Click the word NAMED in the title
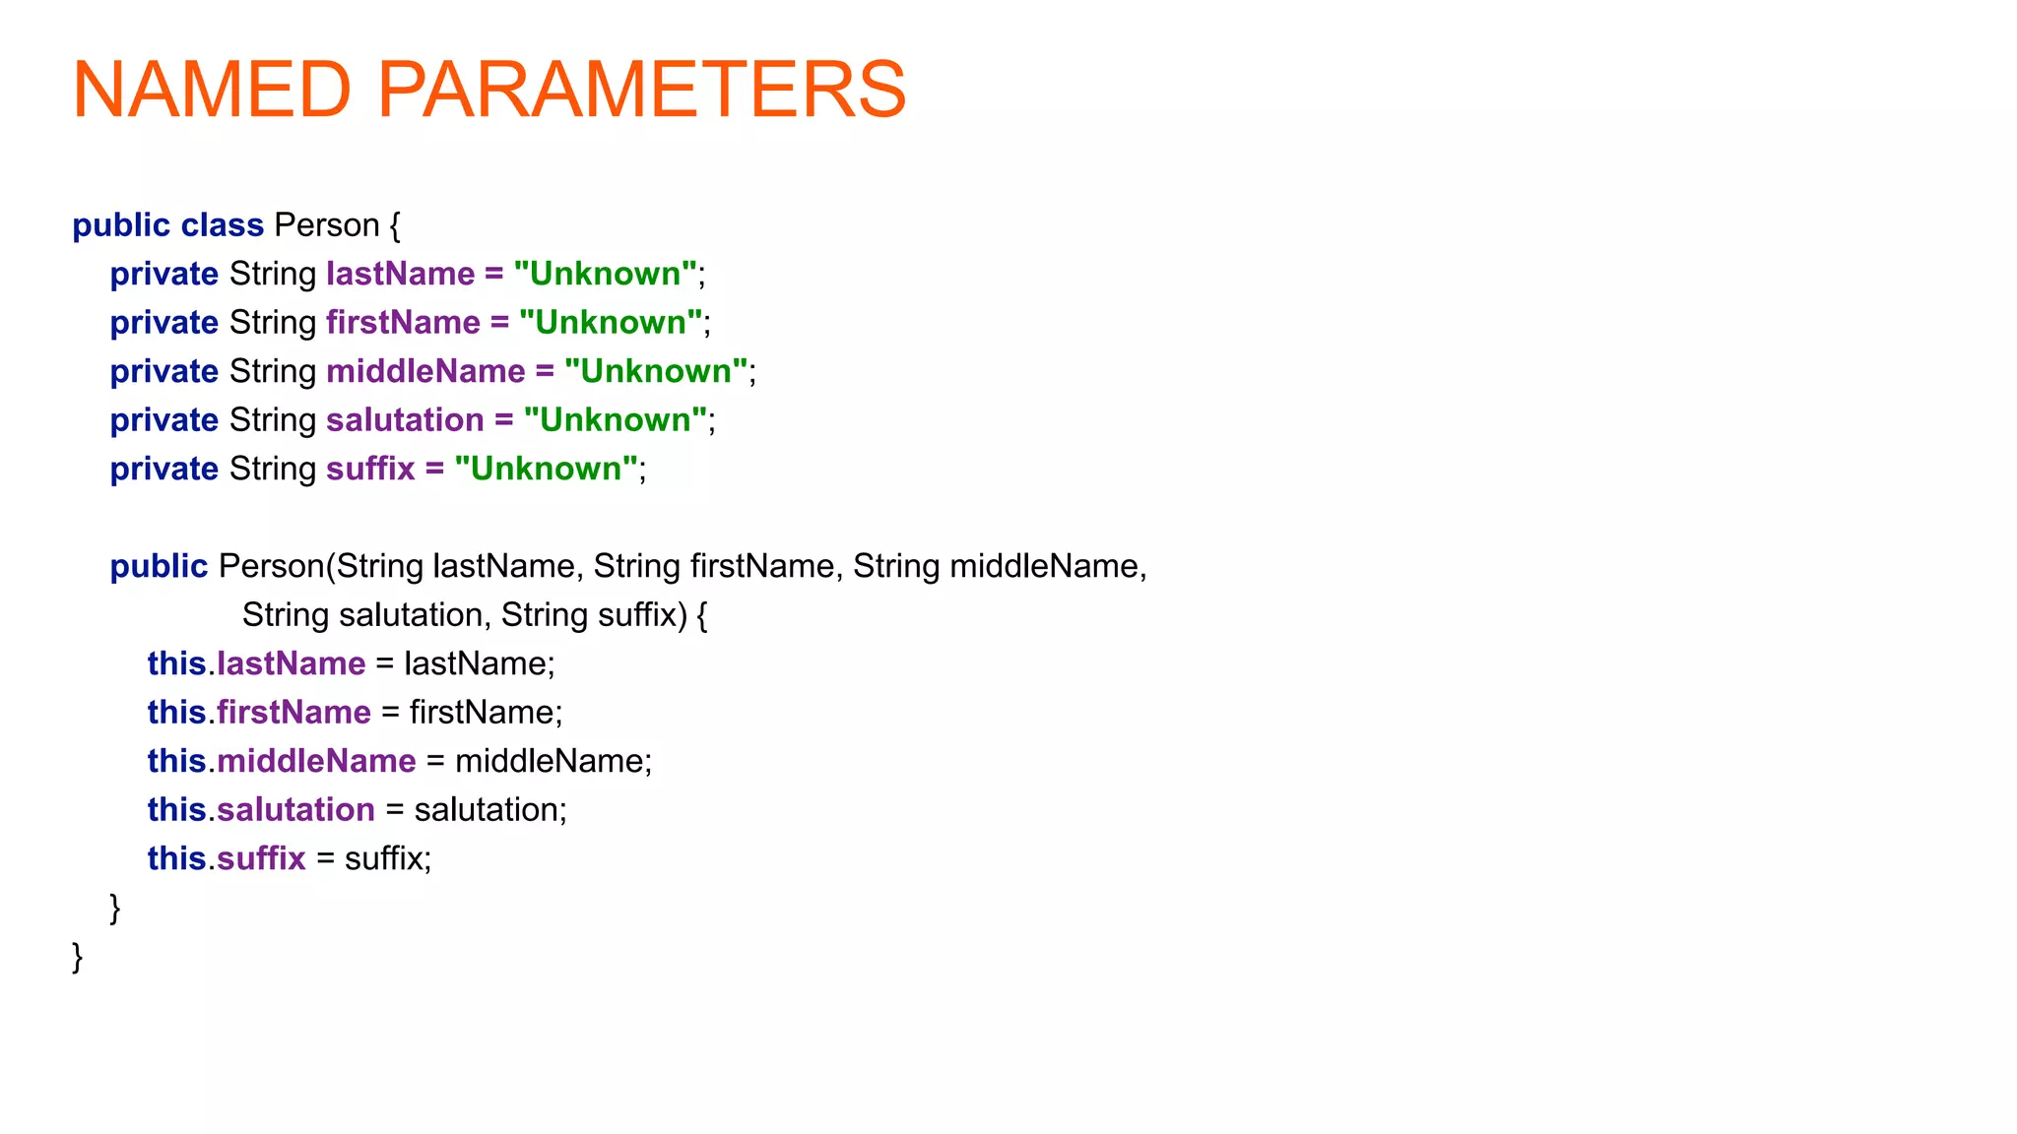point(212,90)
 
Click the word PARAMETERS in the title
point(641,90)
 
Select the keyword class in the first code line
point(222,225)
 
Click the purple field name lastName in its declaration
point(400,274)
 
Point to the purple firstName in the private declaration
point(403,323)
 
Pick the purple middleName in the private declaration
point(425,371)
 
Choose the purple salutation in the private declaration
point(405,420)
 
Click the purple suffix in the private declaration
point(370,469)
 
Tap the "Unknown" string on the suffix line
point(546,469)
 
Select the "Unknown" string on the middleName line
point(655,371)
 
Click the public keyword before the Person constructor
point(159,566)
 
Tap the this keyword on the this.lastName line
point(176,663)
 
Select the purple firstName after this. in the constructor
point(293,713)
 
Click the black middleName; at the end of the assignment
point(553,761)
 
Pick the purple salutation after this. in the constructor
point(295,810)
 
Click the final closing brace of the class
point(77,957)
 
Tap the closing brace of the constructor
point(114,908)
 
